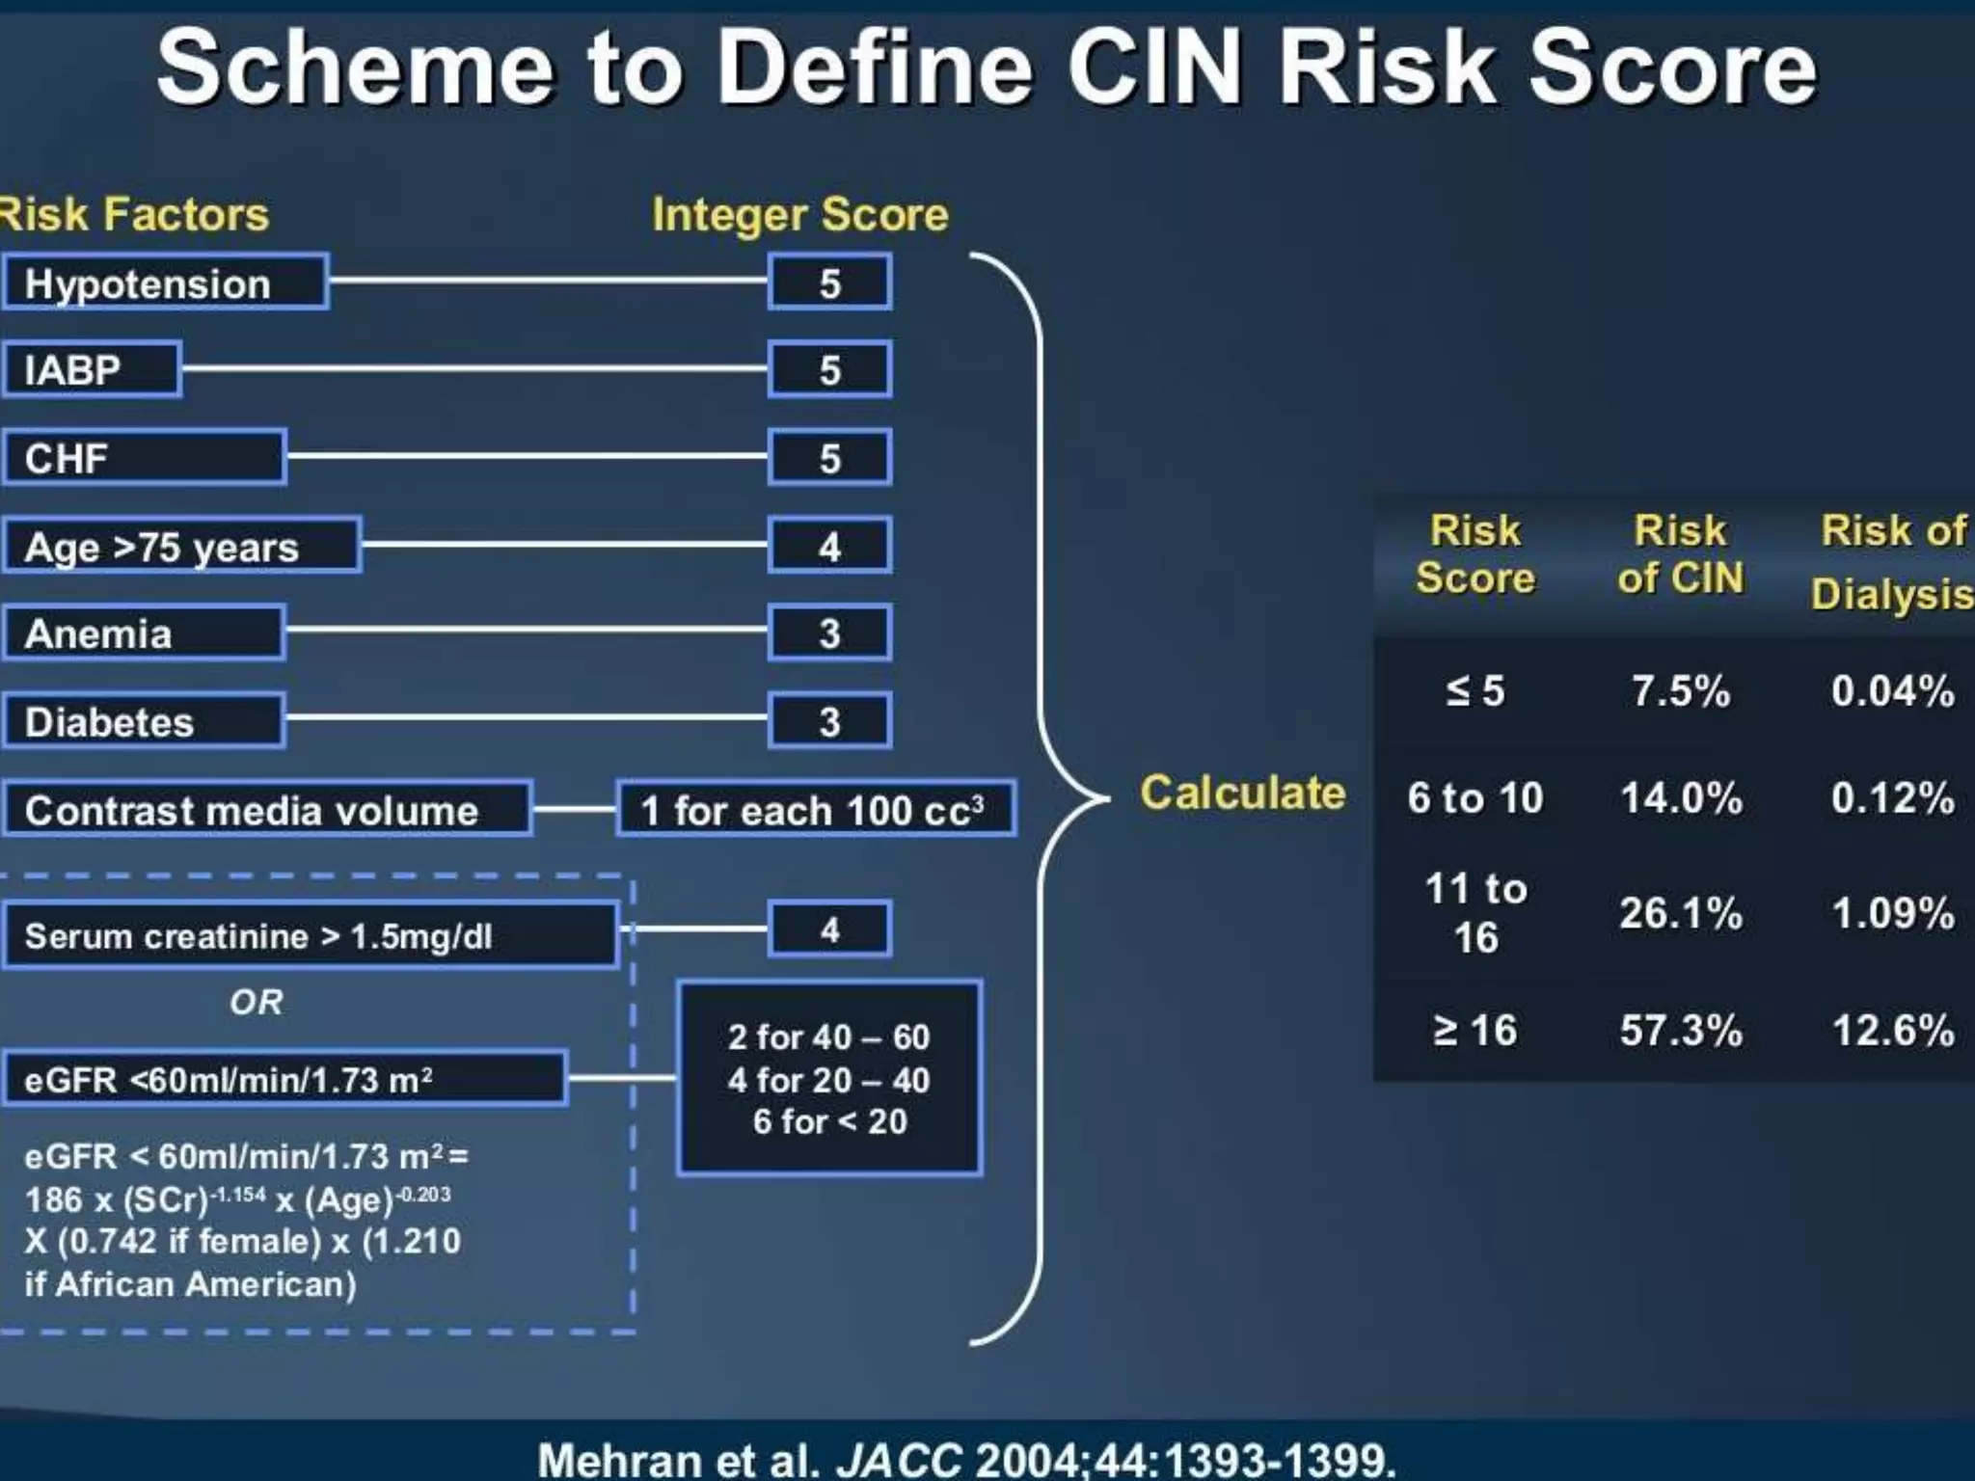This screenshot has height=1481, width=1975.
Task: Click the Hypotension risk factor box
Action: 165,283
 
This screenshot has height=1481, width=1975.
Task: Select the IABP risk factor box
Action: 92,369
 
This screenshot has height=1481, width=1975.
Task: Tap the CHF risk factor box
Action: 144,457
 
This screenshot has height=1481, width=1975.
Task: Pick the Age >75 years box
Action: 181,546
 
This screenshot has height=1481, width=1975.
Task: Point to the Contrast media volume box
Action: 266,810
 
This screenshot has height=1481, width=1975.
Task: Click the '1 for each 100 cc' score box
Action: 815,810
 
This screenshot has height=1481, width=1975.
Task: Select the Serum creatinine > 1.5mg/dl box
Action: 310,935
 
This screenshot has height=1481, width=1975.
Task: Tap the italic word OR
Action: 257,1003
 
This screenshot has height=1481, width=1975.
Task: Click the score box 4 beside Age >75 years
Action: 829,546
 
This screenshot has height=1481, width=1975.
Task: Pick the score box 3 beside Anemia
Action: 829,633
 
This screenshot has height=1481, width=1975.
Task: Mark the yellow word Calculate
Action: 1242,793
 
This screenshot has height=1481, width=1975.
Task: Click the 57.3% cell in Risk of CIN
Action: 1681,1030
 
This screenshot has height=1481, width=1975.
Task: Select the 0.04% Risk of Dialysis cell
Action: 1892,690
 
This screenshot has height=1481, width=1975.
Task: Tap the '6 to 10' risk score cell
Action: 1474,798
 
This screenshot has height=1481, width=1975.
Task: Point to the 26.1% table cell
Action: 1681,912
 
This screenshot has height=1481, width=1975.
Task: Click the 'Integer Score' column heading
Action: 799,214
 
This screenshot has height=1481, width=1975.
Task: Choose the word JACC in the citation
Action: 899,1459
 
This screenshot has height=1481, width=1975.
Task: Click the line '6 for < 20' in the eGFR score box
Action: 829,1121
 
